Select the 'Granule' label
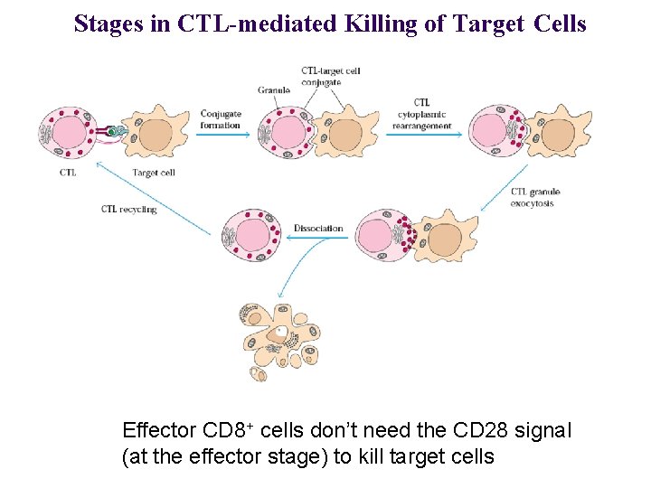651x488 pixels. (273, 90)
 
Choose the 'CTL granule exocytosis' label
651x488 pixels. (536, 197)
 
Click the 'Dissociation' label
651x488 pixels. (318, 228)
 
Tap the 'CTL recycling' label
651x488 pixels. (129, 209)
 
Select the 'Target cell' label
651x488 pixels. (154, 172)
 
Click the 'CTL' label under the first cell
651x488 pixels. (67, 172)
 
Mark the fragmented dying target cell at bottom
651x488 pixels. (279, 343)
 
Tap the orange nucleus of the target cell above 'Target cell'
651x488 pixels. (156, 135)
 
